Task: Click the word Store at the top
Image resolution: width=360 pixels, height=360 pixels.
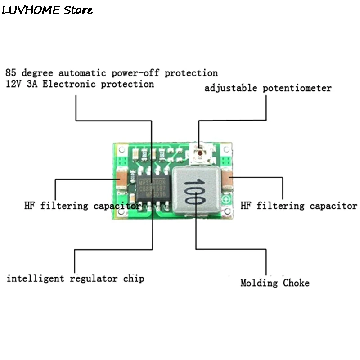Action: pos(78,9)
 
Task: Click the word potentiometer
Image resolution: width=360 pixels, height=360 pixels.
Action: pos(298,88)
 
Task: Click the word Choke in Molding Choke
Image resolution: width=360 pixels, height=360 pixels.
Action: pos(296,283)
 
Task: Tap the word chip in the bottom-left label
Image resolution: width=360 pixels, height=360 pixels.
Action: pos(134,279)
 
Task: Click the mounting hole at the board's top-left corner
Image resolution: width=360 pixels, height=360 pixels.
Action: pos(121,151)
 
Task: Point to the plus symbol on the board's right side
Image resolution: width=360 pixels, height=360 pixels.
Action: pos(228,201)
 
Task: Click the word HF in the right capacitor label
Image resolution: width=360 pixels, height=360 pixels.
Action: pos(246,206)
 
